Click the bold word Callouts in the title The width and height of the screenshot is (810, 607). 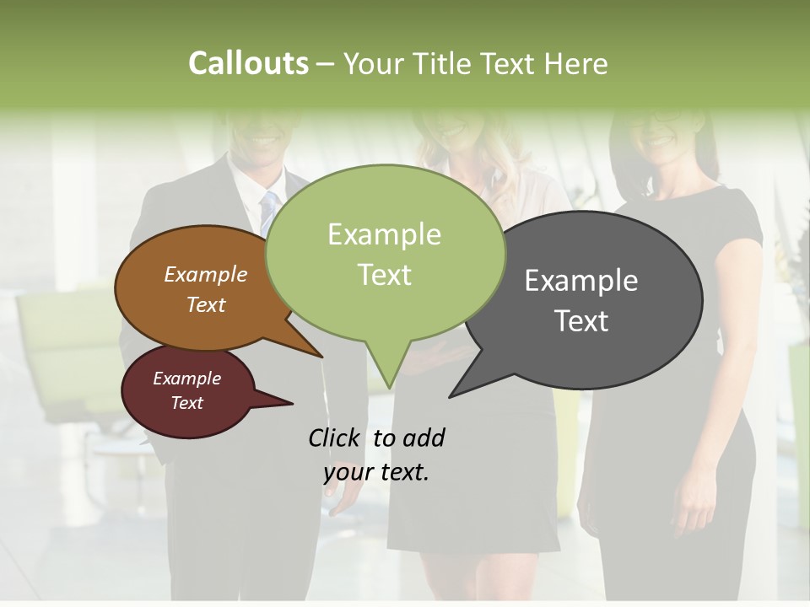click(x=248, y=63)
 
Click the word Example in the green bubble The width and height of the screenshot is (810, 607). click(x=384, y=234)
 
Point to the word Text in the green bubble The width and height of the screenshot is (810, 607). click(x=384, y=275)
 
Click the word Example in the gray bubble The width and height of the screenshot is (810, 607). click(x=581, y=281)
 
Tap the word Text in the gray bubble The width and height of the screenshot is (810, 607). click(x=581, y=321)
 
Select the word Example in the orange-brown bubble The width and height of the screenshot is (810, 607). click(x=205, y=275)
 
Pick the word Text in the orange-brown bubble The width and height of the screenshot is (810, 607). click(x=205, y=304)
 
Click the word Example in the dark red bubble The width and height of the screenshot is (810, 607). click(x=186, y=379)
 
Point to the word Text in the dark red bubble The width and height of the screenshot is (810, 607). click(x=186, y=403)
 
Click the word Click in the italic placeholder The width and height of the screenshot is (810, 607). click(x=334, y=438)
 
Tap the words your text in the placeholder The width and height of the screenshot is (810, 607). click(x=376, y=472)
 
